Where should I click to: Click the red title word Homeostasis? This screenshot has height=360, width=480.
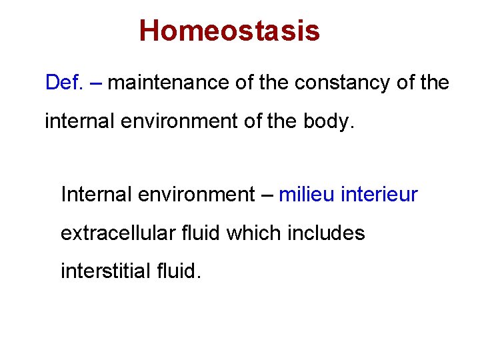click(229, 31)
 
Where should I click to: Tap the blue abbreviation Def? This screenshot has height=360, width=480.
click(63, 83)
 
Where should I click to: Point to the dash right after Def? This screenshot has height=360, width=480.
click(95, 83)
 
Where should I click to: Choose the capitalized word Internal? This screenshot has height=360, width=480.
click(97, 195)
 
